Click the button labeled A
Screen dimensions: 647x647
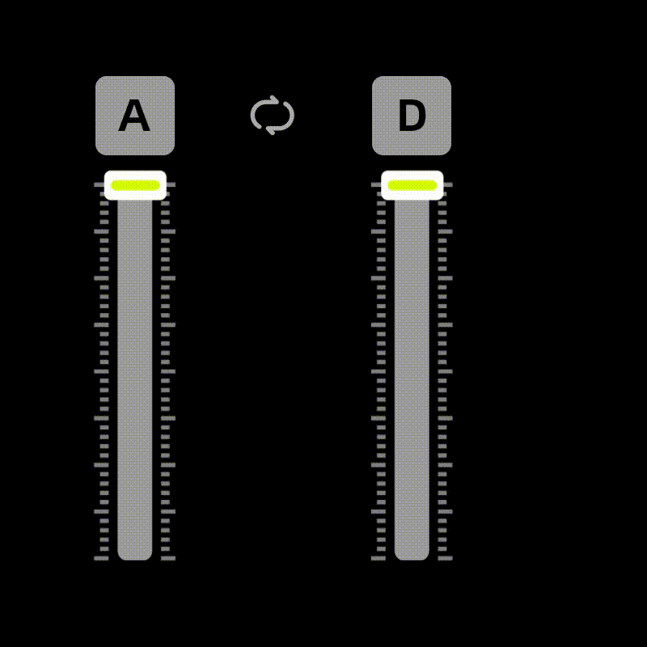(135, 116)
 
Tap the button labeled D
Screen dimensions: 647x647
(412, 116)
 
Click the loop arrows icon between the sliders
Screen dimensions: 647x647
(273, 115)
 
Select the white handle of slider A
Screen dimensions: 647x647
(135, 185)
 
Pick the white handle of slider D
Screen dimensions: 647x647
(412, 185)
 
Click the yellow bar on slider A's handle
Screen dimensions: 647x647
(135, 185)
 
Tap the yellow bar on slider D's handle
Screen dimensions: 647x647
(412, 185)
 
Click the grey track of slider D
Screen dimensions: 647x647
(412, 379)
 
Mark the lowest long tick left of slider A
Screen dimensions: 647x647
(101, 558)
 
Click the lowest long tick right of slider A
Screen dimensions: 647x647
(168, 558)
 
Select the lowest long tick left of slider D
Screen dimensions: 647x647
(378, 558)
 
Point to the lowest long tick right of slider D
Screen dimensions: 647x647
(446, 558)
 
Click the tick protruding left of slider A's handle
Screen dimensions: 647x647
(99, 184)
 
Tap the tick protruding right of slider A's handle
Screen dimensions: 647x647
(171, 184)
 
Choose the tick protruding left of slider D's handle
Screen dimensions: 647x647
(376, 184)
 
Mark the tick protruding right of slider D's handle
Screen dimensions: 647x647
(448, 184)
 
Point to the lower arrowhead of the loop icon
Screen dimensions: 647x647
(270, 130)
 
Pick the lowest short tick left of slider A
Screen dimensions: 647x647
(104, 549)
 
